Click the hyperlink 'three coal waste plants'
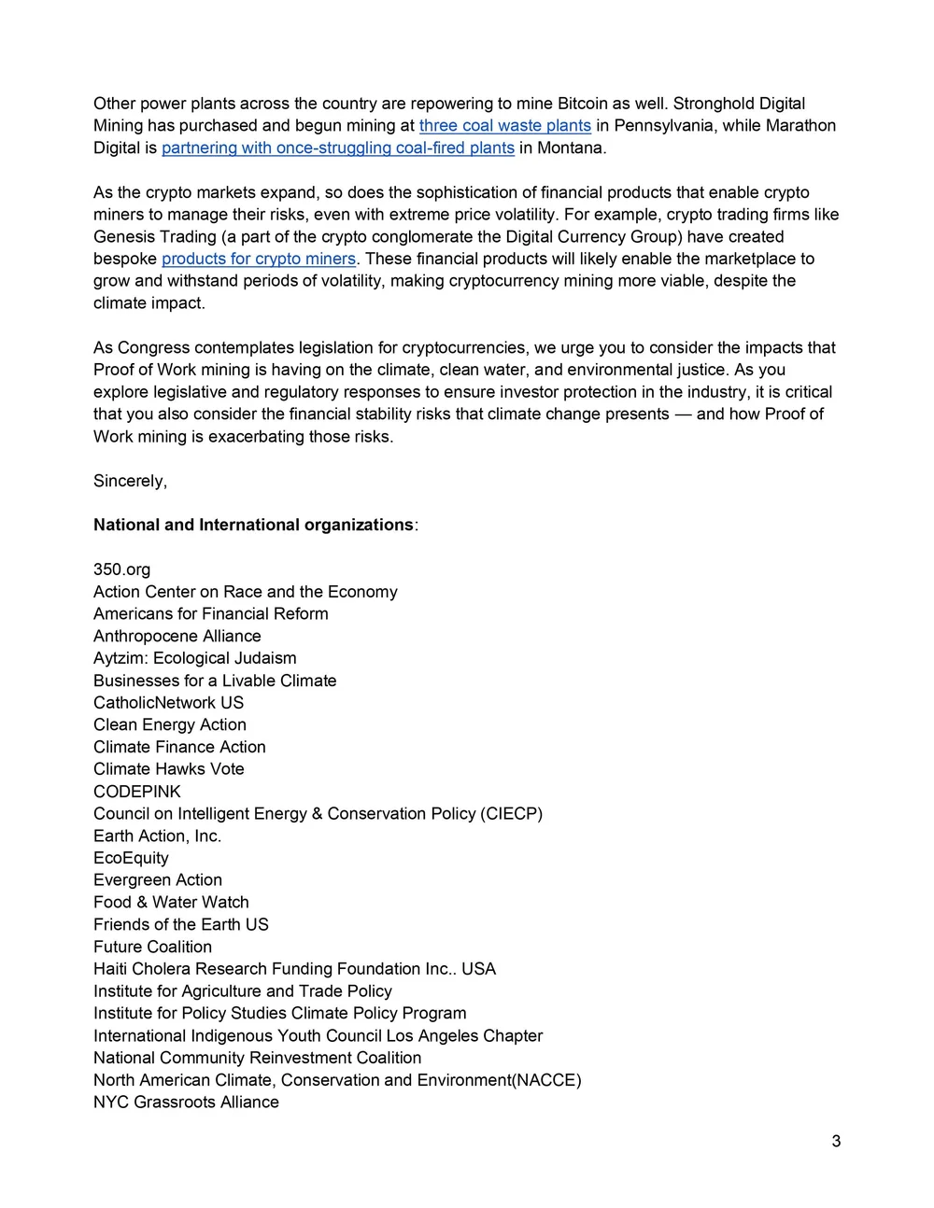point(504,126)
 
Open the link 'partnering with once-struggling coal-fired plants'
point(338,148)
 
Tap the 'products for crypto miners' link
point(259,260)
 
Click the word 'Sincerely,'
point(130,482)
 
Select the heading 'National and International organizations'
point(253,526)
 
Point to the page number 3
point(836,1141)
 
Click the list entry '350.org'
point(121,570)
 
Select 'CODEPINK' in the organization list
point(137,792)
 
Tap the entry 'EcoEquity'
point(131,859)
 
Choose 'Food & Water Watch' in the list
point(171,903)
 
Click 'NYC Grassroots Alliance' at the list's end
point(186,1103)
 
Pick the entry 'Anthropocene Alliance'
point(177,637)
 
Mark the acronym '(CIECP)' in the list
point(511,814)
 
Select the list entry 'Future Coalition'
point(152,948)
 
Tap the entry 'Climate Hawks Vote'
point(168,770)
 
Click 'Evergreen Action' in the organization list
point(158,880)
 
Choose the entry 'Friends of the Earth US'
point(180,925)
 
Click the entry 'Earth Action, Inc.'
point(157,836)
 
